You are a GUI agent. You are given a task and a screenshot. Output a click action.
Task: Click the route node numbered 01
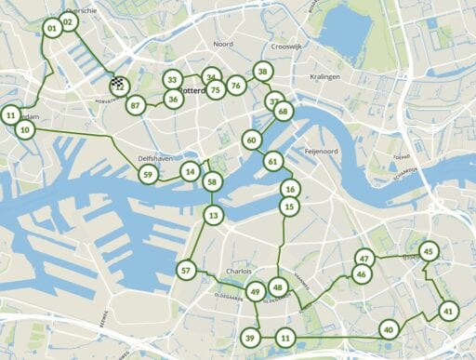[51, 29]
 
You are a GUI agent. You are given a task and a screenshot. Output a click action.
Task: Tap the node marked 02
[68, 22]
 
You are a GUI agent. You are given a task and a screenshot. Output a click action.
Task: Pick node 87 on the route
[136, 105]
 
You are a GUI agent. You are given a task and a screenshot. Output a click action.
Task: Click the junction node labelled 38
[263, 72]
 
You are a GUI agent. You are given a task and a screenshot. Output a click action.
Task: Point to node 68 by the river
[284, 112]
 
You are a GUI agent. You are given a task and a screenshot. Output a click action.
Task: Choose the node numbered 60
[251, 140]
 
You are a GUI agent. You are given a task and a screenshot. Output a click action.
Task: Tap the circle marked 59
[147, 174]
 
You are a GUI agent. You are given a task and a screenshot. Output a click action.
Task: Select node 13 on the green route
[214, 216]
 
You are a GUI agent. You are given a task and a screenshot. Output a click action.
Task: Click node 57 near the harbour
[186, 271]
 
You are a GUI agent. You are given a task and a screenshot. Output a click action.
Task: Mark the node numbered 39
[250, 337]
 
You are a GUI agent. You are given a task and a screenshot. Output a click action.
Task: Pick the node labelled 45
[428, 251]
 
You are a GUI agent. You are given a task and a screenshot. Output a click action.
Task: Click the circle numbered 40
[388, 328]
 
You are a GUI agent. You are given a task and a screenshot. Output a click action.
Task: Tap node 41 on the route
[448, 311]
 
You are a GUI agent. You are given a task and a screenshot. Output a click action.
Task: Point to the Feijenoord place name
[324, 150]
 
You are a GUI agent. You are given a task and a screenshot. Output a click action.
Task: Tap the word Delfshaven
[156, 159]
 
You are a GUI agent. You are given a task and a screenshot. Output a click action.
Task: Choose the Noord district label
[223, 44]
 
